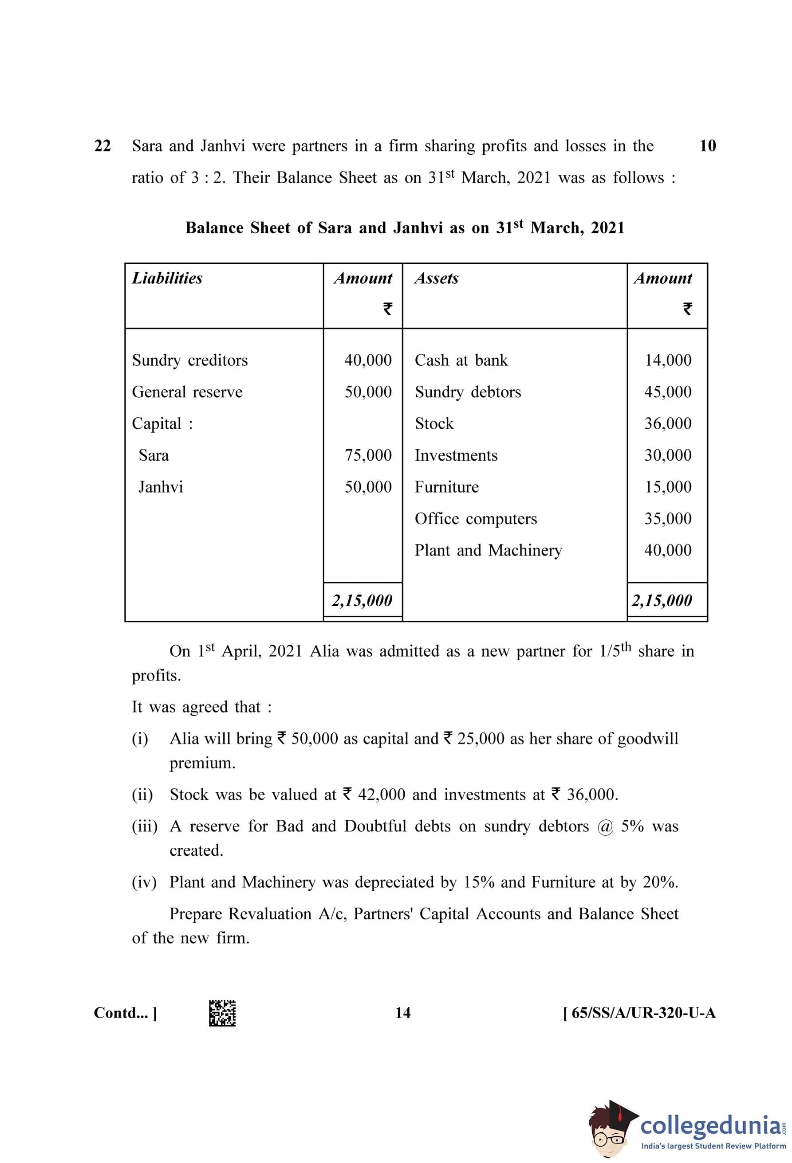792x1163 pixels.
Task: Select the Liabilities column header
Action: tap(167, 278)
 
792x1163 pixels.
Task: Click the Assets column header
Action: tap(436, 278)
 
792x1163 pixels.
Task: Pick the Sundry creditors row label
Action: tap(190, 360)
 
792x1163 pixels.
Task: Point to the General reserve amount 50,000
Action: tap(368, 392)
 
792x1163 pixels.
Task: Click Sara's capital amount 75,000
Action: tap(368, 455)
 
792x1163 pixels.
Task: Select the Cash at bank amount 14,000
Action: tap(668, 360)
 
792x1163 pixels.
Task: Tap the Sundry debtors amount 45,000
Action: tap(668, 392)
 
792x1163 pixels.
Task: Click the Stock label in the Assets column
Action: tap(434, 424)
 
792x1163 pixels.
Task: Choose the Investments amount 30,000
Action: tap(668, 455)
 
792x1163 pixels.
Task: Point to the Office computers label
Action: tap(476, 519)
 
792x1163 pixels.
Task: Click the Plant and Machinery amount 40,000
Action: tap(668, 551)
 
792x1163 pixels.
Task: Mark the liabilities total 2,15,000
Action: tap(362, 600)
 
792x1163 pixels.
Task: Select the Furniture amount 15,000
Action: tap(668, 487)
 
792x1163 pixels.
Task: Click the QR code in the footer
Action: tap(222, 1014)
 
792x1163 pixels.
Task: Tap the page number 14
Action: tap(403, 1014)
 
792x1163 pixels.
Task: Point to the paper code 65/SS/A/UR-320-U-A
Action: tap(639, 1014)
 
